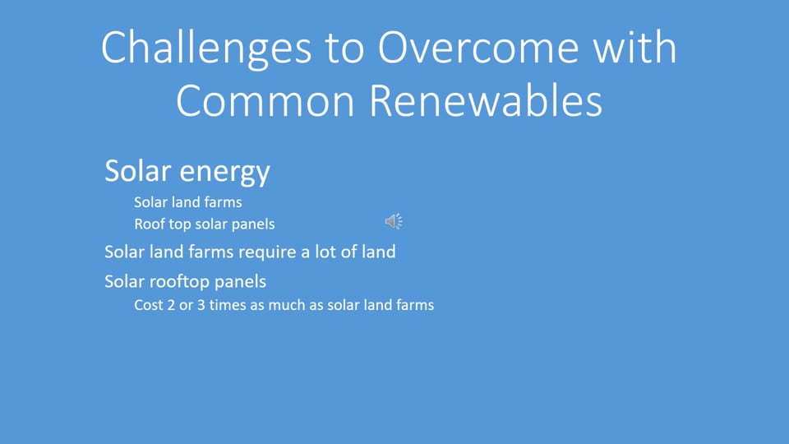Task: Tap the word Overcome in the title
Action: [477, 48]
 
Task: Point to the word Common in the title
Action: [265, 101]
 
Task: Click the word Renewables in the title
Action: [486, 100]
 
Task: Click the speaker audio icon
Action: [394, 221]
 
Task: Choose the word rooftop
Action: [180, 282]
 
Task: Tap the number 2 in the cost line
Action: [172, 305]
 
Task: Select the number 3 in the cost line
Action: [201, 305]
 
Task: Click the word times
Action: [228, 305]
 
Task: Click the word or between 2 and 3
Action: [187, 306]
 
